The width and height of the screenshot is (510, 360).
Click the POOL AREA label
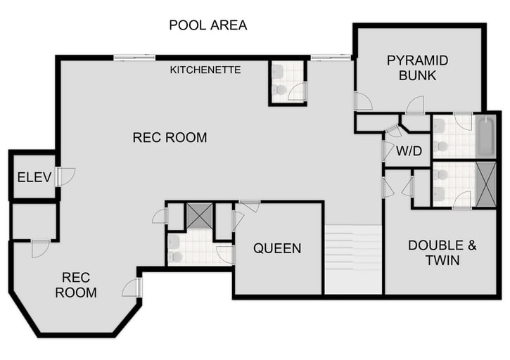tap(208, 25)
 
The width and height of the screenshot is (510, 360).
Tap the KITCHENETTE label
tap(205, 70)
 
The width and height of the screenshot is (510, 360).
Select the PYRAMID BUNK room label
tap(417, 67)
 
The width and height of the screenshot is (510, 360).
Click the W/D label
tap(409, 150)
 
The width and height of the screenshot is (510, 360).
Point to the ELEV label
tap(34, 177)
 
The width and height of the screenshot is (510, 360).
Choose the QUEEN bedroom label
tap(277, 248)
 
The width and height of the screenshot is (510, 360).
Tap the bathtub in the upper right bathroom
tap(486, 138)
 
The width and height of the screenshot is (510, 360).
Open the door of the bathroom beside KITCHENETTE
tap(298, 91)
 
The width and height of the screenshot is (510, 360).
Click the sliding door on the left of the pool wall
tap(134, 58)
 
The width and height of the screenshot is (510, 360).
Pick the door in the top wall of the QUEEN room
tap(249, 206)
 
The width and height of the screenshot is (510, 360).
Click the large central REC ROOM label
tap(170, 138)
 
